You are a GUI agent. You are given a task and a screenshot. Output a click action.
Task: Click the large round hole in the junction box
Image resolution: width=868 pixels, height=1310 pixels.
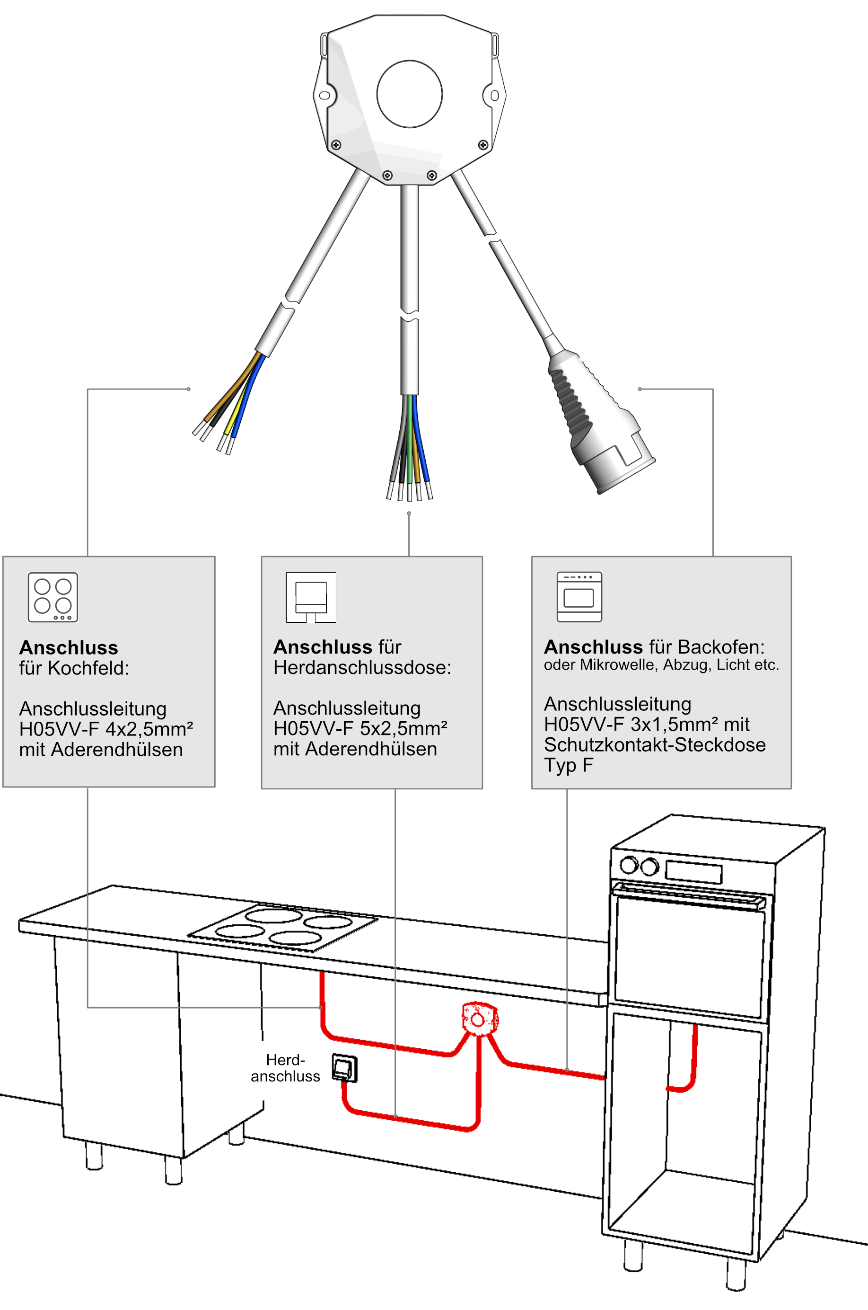click(x=409, y=94)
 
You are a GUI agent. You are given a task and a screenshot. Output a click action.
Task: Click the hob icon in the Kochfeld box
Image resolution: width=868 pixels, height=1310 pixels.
click(x=53, y=597)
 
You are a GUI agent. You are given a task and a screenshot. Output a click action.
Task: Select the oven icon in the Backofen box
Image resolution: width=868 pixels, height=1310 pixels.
click(x=579, y=597)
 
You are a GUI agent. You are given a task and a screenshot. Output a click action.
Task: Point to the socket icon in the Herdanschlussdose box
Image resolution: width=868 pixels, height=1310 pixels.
click(x=311, y=597)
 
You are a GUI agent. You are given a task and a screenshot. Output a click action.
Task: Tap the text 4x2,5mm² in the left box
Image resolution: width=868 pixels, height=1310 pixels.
click(x=149, y=729)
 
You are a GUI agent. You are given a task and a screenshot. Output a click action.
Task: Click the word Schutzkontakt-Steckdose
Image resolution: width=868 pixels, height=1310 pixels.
click(x=654, y=744)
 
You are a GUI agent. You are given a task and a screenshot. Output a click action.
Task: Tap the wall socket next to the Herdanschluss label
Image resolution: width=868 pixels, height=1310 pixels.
click(x=344, y=1067)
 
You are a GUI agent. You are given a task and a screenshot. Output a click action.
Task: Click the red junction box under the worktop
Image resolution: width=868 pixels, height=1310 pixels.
click(x=479, y=1018)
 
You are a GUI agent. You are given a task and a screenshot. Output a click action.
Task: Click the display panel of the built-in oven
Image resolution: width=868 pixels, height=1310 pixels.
click(x=693, y=872)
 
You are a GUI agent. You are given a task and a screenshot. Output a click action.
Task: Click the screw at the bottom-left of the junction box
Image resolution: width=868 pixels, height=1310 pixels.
click(x=336, y=145)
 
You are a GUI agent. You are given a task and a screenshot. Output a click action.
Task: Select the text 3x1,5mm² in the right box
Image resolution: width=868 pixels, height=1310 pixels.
click(x=670, y=724)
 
